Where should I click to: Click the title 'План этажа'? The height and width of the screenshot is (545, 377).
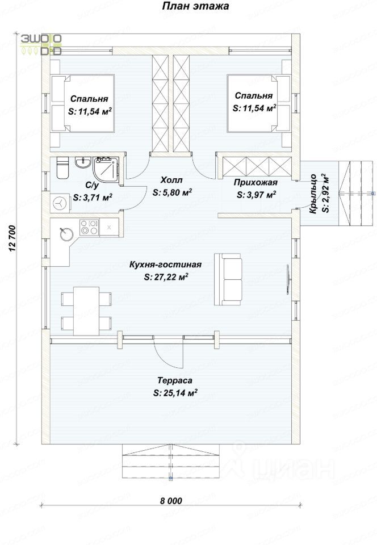coord(195,6)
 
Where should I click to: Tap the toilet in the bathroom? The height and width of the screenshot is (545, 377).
coord(62,168)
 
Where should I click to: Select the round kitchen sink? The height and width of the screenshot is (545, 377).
coord(66,233)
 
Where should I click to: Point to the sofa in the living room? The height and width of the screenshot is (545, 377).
coord(228,279)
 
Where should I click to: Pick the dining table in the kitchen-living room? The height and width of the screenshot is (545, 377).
coord(86,311)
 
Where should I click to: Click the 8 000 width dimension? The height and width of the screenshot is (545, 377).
coord(171,501)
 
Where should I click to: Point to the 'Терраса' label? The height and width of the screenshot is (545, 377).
coord(175,380)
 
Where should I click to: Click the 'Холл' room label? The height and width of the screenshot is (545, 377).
coord(171,180)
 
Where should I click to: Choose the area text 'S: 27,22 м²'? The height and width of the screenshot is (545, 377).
coord(166,277)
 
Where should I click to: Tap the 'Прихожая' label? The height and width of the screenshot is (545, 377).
coord(255,182)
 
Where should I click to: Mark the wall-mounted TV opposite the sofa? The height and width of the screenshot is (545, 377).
coord(288,279)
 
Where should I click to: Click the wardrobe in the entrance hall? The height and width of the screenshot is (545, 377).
coord(257,167)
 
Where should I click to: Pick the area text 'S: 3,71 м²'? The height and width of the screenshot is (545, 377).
coord(93,198)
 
